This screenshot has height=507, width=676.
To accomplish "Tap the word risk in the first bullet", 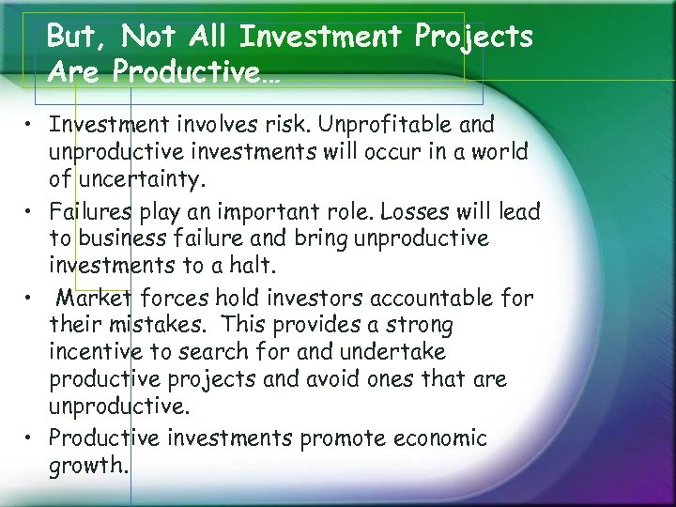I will pyautogui.click(x=341, y=125).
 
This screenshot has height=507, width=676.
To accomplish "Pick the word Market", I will pyautogui.click(x=97, y=299).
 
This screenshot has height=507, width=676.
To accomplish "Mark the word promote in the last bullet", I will pyautogui.click(x=339, y=438).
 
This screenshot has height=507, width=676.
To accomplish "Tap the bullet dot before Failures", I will pyautogui.click(x=34, y=211).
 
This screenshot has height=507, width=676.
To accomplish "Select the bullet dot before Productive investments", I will pyautogui.click(x=34, y=438).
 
